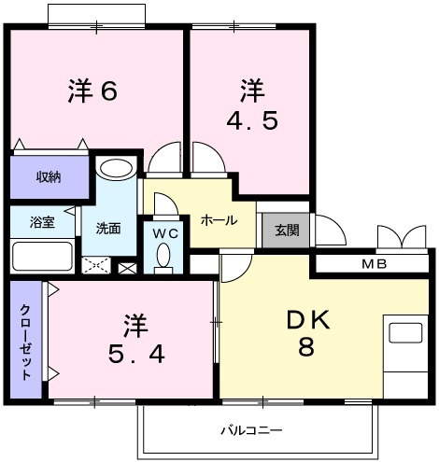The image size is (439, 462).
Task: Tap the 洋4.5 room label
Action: tap(252, 107)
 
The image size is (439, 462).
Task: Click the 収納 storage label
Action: tap(50, 176)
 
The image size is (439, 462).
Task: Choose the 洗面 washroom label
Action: tap(106, 228)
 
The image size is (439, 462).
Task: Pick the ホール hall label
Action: tap(219, 220)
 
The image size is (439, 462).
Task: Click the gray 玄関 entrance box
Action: tap(281, 230)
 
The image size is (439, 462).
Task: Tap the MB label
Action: tap(373, 264)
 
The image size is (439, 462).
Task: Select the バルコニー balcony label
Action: tap(250, 430)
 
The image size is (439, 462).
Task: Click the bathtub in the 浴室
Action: tap(42, 255)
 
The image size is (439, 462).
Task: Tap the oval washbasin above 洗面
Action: tap(116, 169)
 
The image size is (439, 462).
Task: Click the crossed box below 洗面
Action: tap(96, 265)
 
